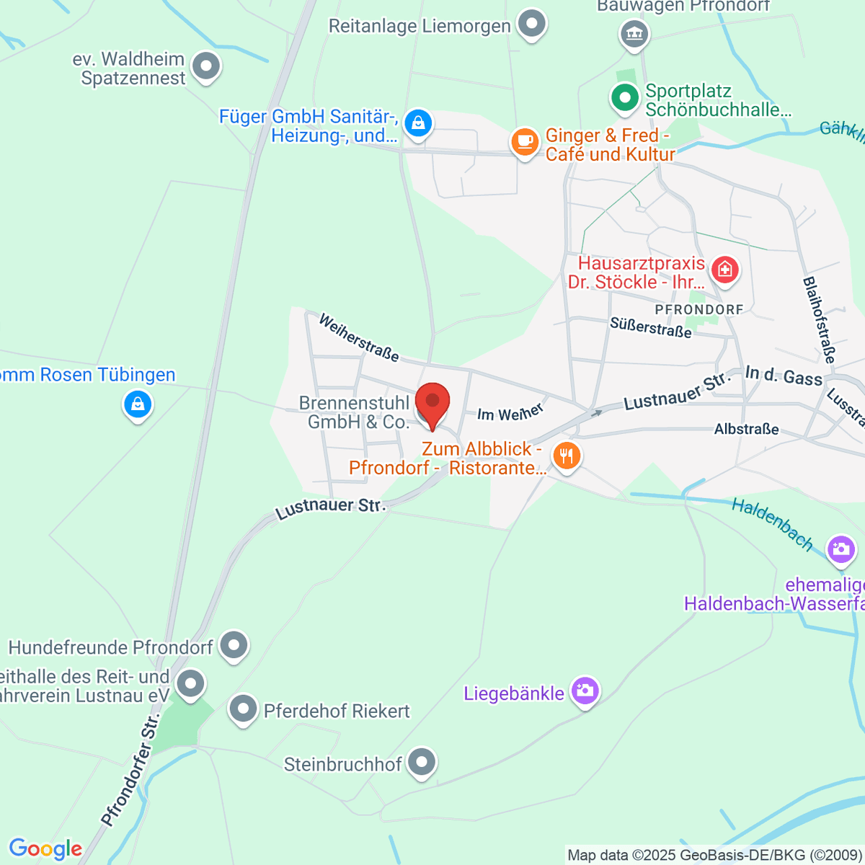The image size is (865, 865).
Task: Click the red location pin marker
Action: [432, 404]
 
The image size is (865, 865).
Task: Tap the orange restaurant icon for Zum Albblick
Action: [567, 456]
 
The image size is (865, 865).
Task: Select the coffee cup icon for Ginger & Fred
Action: [525, 141]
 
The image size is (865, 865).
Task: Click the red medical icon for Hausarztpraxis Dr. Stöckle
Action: [724, 270]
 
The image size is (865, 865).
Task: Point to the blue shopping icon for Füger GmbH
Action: [418, 123]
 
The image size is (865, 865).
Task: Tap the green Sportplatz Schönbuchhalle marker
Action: [624, 97]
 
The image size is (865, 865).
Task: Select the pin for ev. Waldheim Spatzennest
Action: [207, 66]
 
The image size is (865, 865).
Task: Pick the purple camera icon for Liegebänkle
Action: [585, 691]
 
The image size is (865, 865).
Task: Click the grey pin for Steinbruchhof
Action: [421, 762]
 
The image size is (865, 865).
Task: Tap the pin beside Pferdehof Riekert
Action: [243, 709]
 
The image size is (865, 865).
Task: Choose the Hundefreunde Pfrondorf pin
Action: [234, 645]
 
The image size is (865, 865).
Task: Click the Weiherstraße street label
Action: [358, 337]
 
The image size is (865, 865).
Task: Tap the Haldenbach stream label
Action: [772, 524]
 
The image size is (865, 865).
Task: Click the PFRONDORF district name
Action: [698, 309]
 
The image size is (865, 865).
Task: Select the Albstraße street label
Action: [746, 429]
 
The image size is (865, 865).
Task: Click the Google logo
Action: [45, 848]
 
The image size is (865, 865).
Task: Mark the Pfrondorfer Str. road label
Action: [130, 771]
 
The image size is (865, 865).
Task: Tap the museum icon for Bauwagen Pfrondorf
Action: [634, 33]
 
